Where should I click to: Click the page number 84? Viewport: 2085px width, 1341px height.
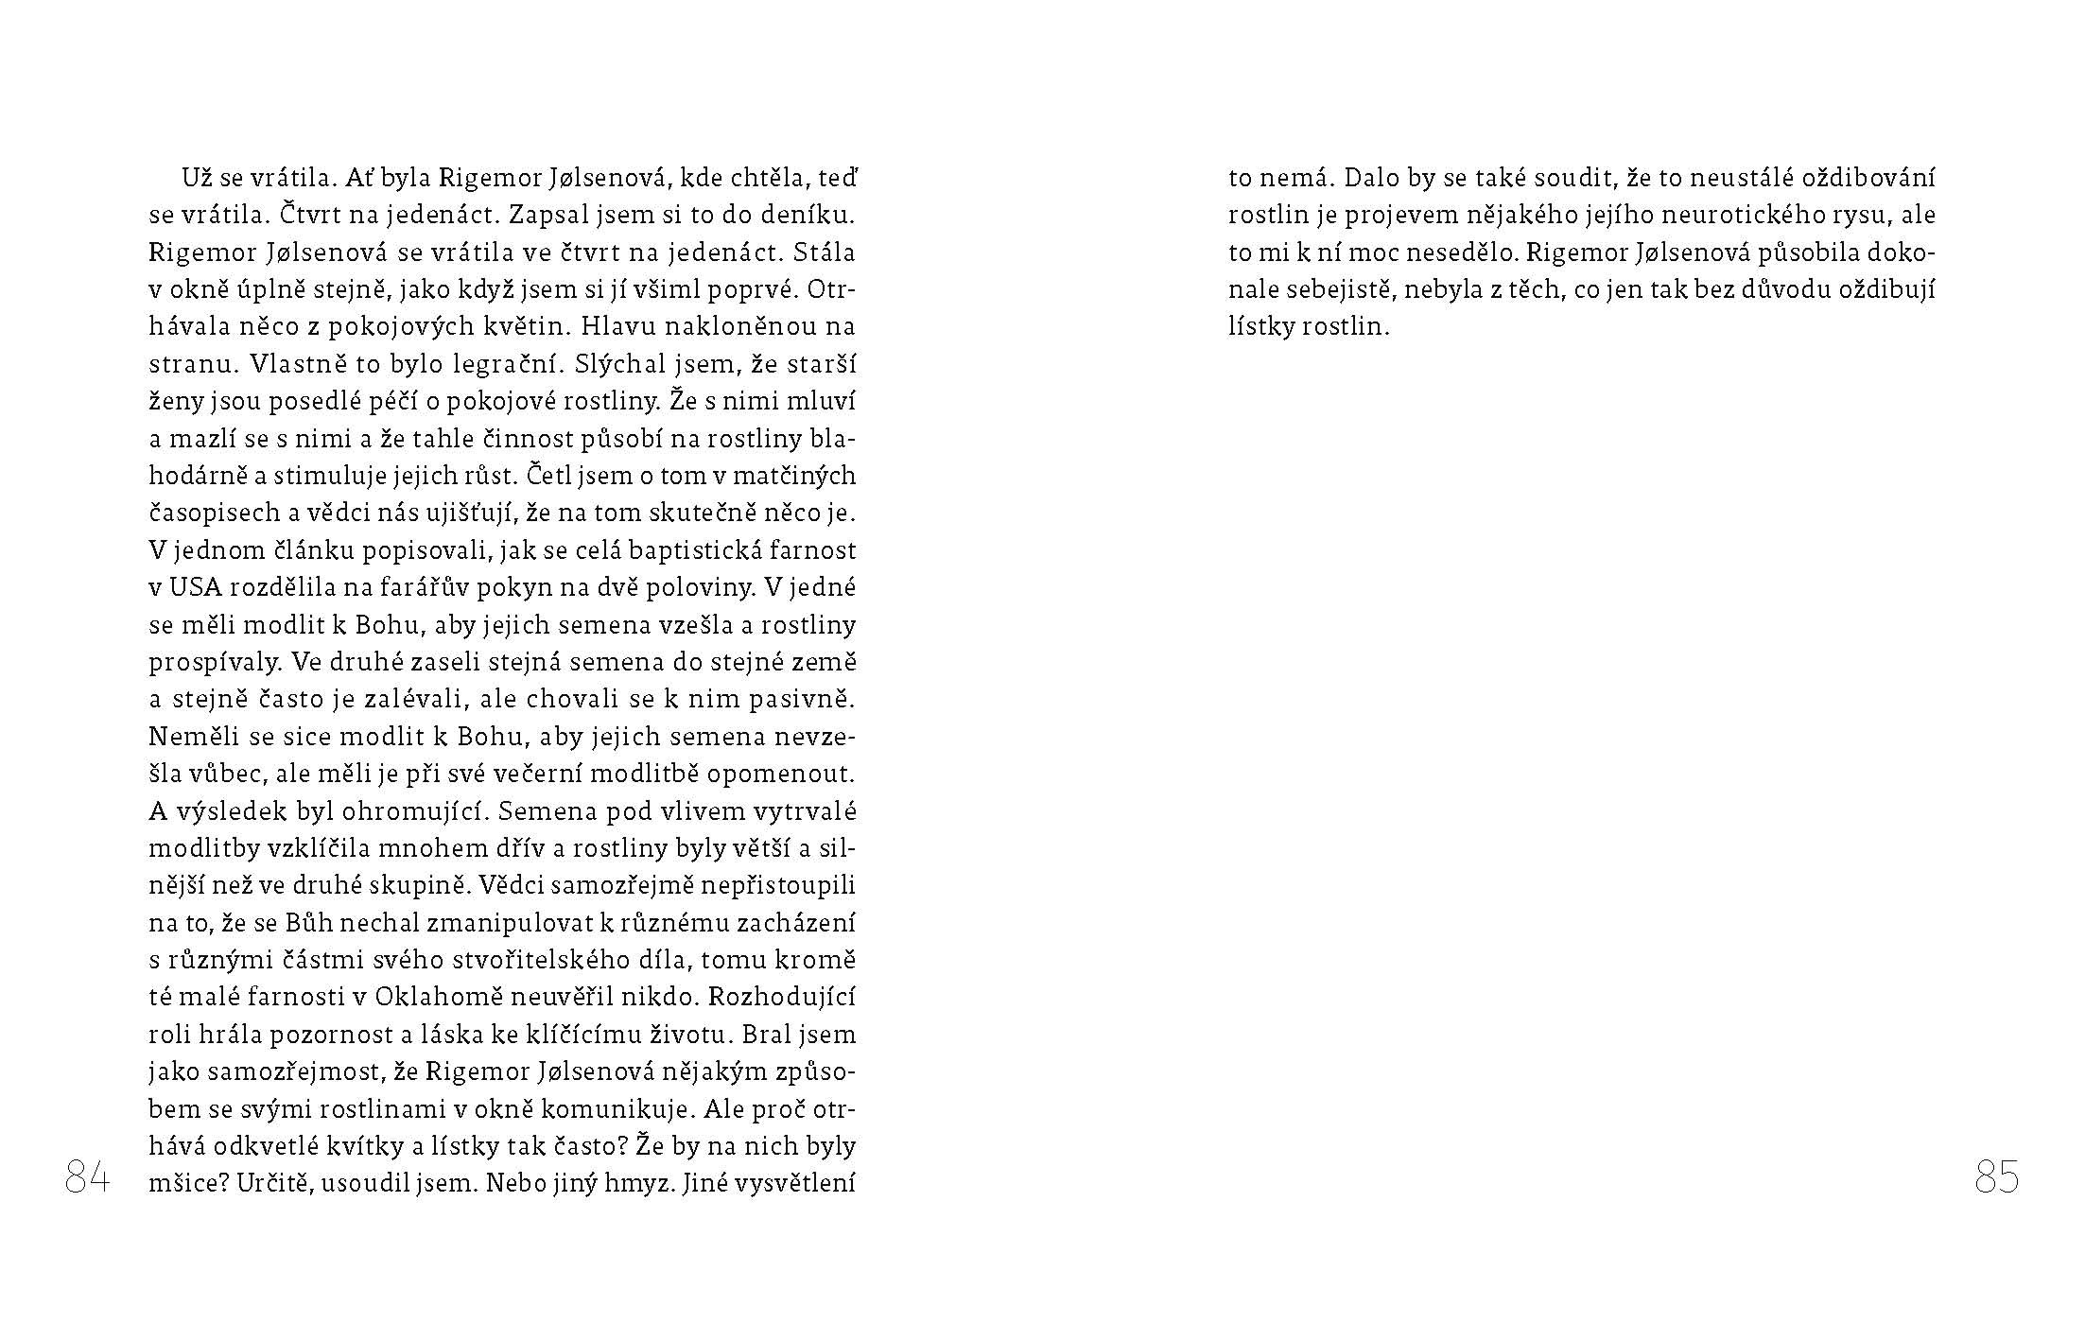pos(87,1179)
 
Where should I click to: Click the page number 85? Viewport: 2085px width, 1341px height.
pos(1996,1179)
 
